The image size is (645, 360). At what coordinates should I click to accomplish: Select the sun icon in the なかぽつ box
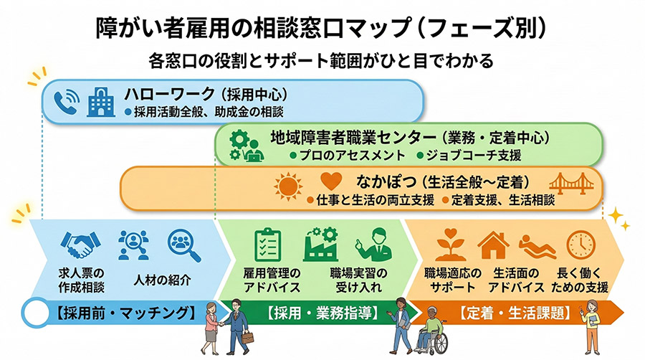[x=287, y=185]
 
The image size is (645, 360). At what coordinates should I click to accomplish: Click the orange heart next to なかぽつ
[x=328, y=182]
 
